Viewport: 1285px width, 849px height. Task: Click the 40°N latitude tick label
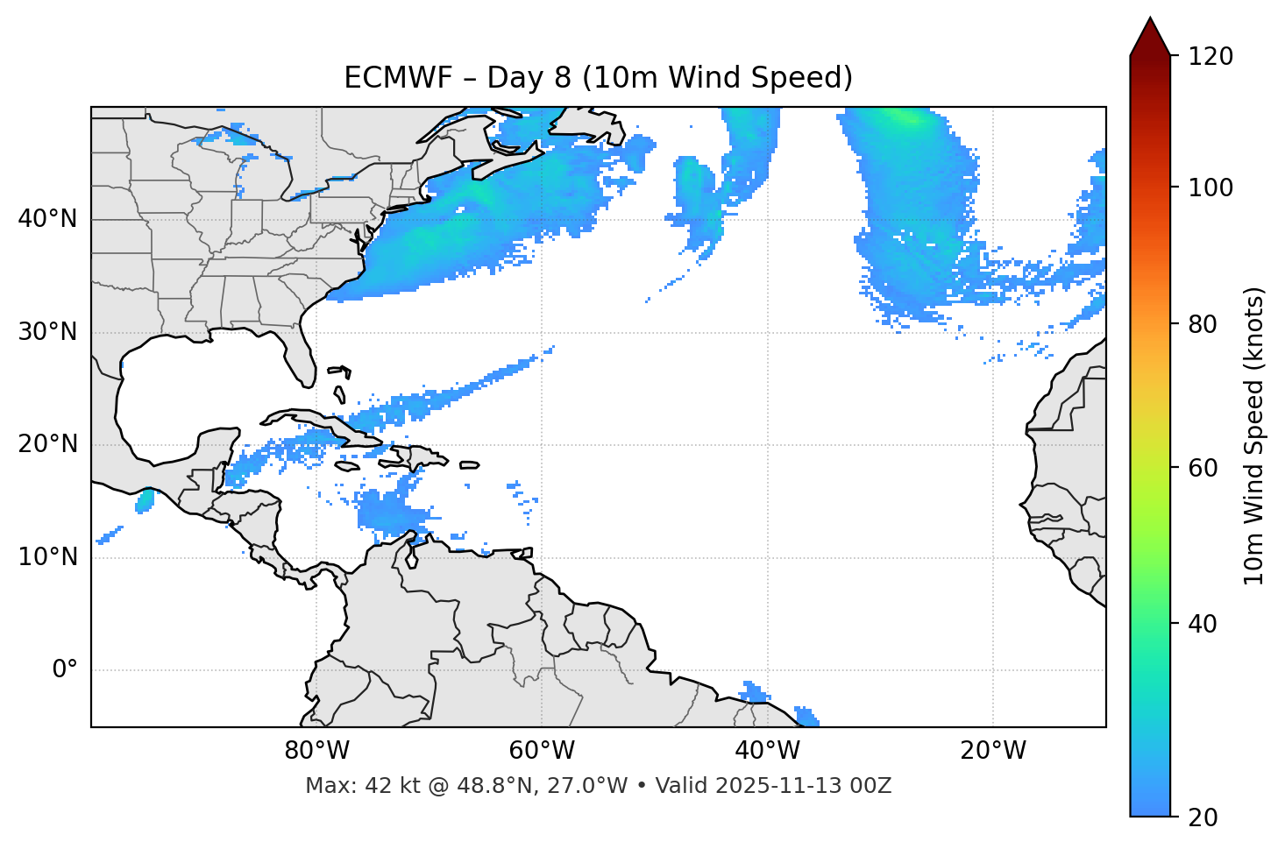pos(47,219)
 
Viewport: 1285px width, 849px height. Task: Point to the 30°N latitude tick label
pos(47,332)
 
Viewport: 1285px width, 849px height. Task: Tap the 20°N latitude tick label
pos(47,444)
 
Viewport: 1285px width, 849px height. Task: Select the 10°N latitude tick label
pos(47,557)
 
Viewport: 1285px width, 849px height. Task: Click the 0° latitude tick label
pos(65,670)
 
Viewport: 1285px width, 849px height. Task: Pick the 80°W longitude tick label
pos(316,751)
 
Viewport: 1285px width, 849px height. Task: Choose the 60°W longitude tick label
pos(542,751)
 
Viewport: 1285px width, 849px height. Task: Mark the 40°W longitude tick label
pos(768,751)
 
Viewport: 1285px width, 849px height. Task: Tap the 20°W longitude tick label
pos(993,751)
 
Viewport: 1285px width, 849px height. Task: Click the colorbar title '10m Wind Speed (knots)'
pos(1254,435)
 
